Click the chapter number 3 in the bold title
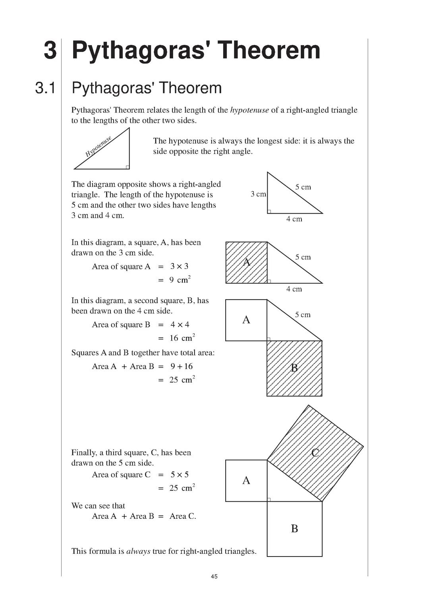click(x=50, y=50)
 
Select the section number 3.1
click(x=45, y=88)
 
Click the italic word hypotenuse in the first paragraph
click(x=249, y=110)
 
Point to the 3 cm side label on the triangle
click(x=258, y=194)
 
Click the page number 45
click(x=214, y=576)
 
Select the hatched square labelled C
click(x=315, y=453)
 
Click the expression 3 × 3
click(x=179, y=266)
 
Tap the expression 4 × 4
click(x=180, y=325)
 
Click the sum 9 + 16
click(x=182, y=366)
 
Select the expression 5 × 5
click(x=180, y=474)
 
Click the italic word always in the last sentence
click(x=138, y=551)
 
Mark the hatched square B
click(x=294, y=368)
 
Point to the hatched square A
click(x=246, y=263)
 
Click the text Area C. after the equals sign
click(x=183, y=516)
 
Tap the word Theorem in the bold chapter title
click(x=269, y=50)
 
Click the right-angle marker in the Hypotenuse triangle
click(x=128, y=167)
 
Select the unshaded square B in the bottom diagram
click(x=294, y=529)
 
